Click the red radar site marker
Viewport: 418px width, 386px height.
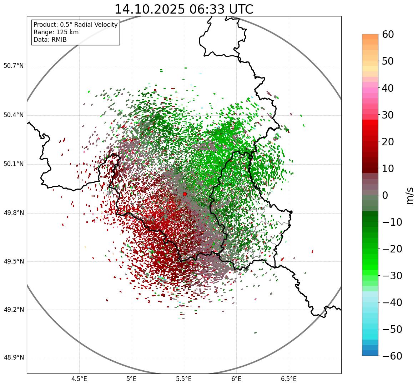pyautogui.click(x=185, y=194)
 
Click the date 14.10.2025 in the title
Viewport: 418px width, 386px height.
pyautogui.click(x=150, y=9)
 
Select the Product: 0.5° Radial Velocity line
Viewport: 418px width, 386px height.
pyautogui.click(x=75, y=25)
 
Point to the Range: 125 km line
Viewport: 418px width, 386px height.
pyautogui.click(x=56, y=32)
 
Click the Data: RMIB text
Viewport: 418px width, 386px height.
pyautogui.click(x=50, y=40)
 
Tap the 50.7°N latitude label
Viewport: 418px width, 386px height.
pyautogui.click(x=14, y=66)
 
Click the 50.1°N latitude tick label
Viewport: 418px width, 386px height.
pyautogui.click(x=14, y=164)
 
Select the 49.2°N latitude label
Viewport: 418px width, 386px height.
pyautogui.click(x=14, y=310)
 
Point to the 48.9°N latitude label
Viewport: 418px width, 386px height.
pyautogui.click(x=14, y=358)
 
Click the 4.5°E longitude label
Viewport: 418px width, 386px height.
pyautogui.click(x=79, y=379)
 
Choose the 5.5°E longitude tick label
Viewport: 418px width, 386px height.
pyautogui.click(x=184, y=379)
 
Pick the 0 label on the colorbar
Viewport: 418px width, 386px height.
pyautogui.click(x=385, y=195)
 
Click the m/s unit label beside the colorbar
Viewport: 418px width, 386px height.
pyautogui.click(x=410, y=195)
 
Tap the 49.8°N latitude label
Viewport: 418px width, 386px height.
pyautogui.click(x=14, y=213)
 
